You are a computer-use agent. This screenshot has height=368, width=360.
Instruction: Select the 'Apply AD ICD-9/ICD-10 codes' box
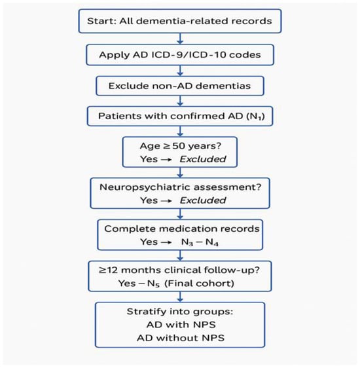coord(180,56)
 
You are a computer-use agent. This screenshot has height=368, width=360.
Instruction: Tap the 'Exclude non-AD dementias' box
coord(180,86)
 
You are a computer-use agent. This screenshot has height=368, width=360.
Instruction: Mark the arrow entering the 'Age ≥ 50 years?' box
coord(180,132)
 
